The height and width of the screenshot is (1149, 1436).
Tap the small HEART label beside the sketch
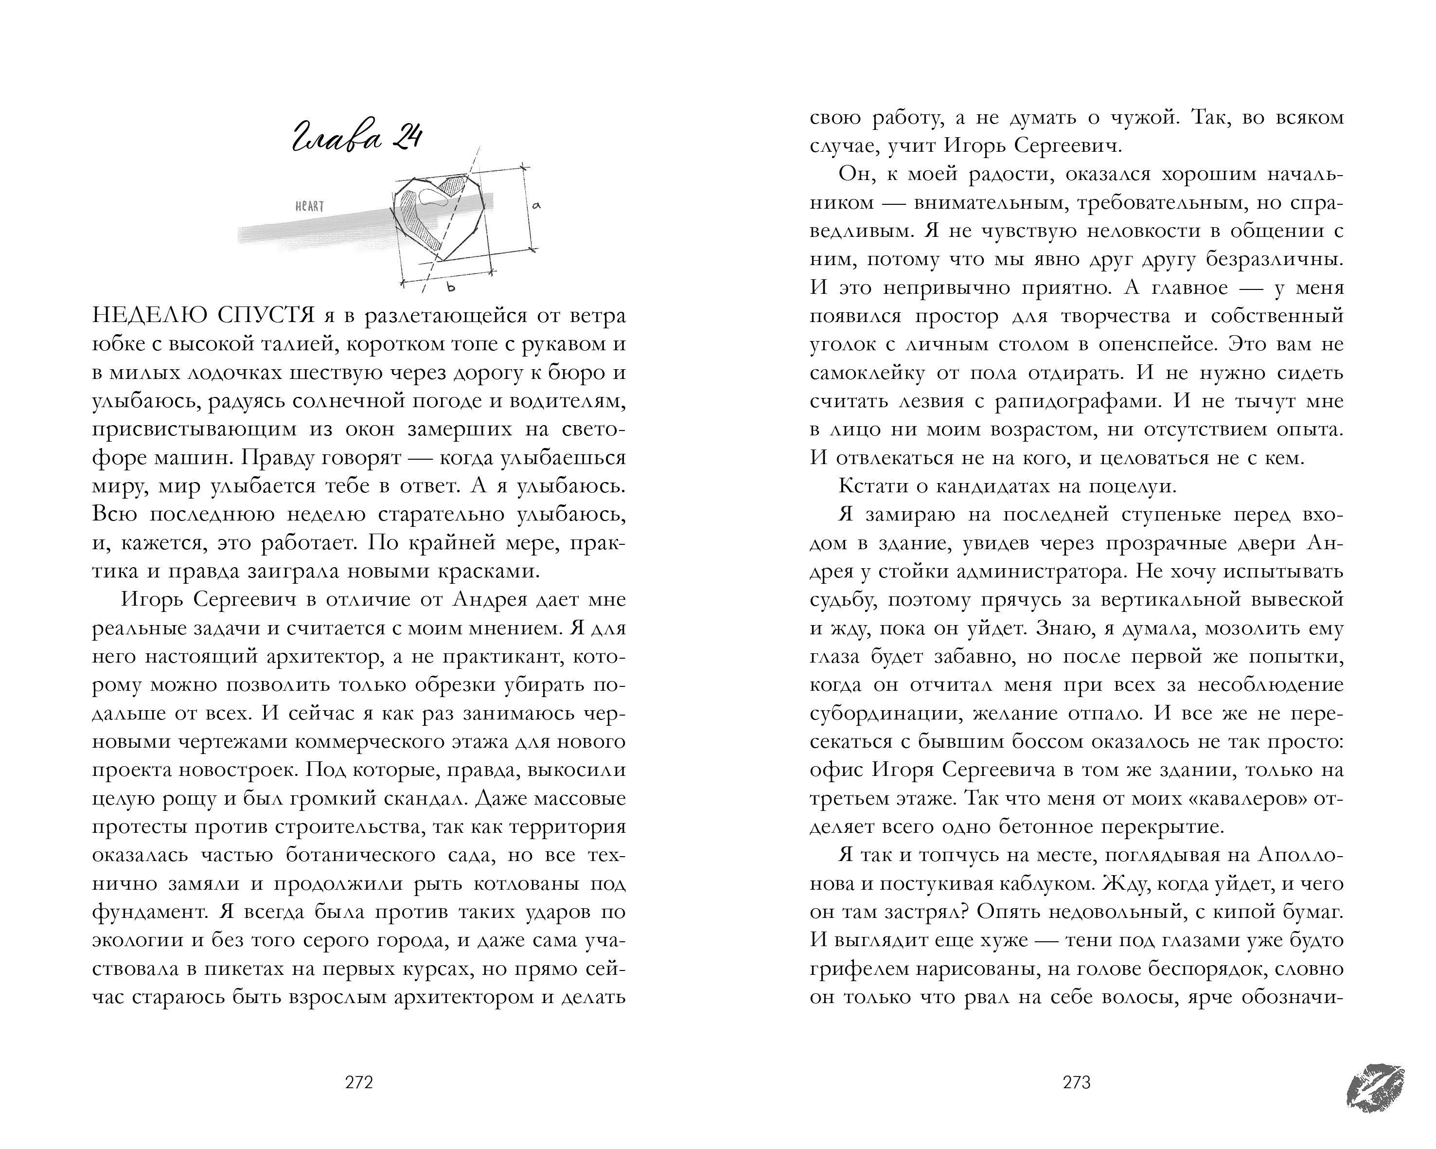(x=310, y=206)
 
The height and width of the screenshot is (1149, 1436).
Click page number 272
(x=359, y=1082)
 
